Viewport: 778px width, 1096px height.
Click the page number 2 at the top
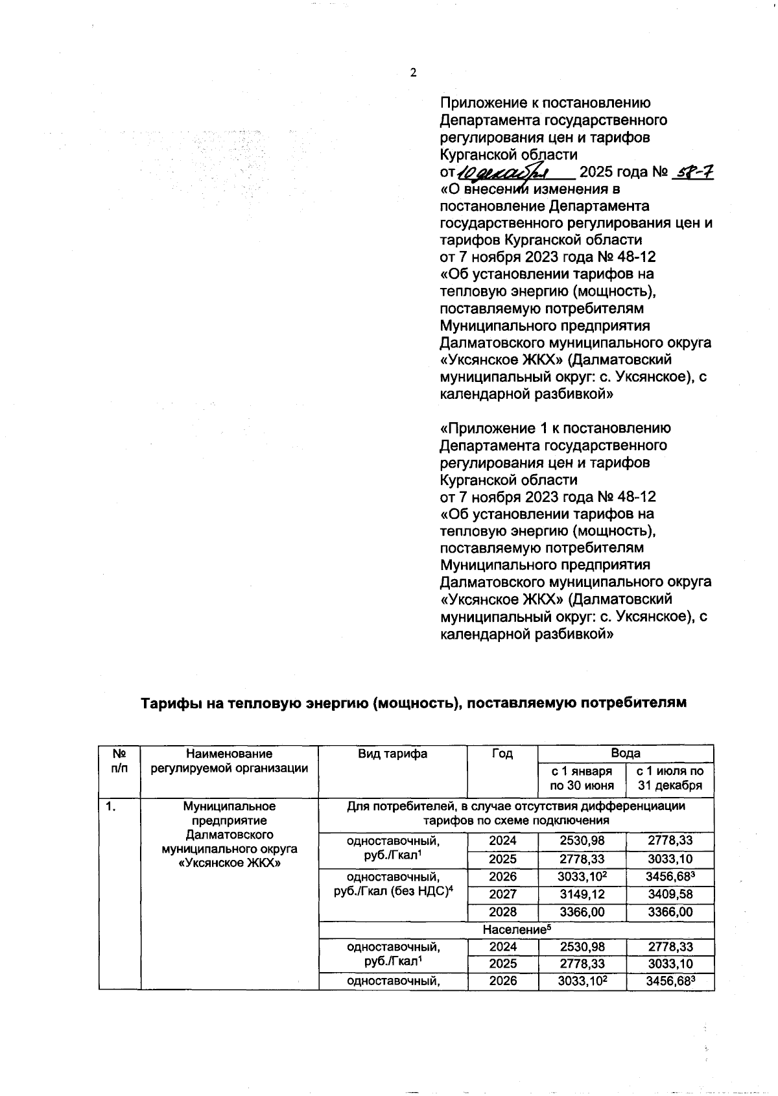(x=413, y=73)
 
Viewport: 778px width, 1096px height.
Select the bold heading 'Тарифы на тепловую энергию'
(x=414, y=703)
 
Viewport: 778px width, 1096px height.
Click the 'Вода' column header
(x=625, y=753)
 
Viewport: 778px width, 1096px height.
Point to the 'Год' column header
(x=502, y=754)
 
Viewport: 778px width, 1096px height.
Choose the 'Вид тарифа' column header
(x=392, y=754)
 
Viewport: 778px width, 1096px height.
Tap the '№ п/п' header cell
(x=119, y=761)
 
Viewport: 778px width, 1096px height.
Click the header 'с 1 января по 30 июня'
(x=581, y=778)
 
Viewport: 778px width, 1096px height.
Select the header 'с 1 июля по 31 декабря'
(x=669, y=778)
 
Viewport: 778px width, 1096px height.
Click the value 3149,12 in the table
(x=581, y=894)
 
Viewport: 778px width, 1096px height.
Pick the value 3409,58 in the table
(x=669, y=894)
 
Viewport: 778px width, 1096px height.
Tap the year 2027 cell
(x=502, y=894)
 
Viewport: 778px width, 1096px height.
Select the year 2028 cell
(x=502, y=912)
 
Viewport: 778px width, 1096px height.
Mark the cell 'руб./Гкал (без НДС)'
(x=392, y=891)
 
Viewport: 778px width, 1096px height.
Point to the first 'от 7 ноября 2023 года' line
(x=548, y=257)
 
